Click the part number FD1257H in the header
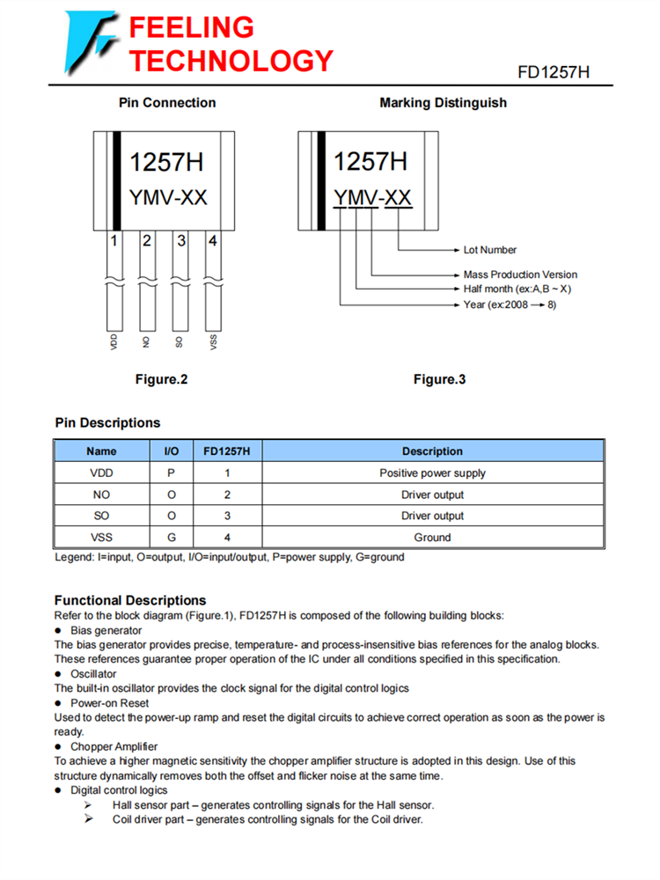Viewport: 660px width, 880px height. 553,72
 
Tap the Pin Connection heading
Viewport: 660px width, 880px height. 167,103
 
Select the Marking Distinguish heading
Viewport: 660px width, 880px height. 443,103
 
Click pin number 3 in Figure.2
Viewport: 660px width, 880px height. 180,239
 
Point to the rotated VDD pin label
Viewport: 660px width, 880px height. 114,342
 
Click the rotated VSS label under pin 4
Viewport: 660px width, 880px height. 214,342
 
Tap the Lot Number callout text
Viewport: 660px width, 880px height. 490,250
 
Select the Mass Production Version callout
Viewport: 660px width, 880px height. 520,275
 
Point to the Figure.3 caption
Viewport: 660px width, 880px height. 439,380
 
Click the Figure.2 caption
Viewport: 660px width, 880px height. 161,380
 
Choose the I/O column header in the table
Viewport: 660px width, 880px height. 172,451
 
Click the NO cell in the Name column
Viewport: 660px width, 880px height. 101,495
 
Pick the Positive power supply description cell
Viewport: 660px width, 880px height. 432,473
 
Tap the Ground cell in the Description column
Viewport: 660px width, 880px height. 432,537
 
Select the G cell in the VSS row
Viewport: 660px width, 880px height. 172,537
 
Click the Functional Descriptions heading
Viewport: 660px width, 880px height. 130,600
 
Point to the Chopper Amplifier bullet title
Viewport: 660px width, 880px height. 114,746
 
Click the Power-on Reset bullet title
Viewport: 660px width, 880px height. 109,703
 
